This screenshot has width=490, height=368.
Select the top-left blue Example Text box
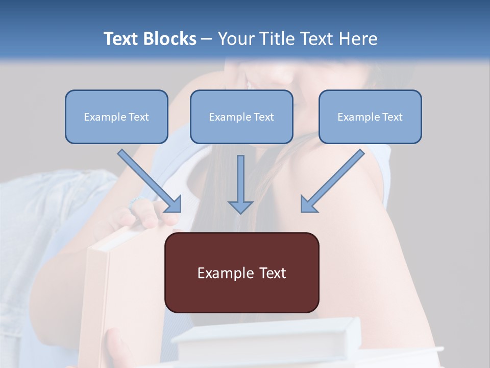click(116, 117)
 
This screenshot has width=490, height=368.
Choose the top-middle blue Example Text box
click(241, 117)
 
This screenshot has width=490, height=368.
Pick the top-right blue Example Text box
click(370, 117)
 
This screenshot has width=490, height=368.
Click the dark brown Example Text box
click(241, 286)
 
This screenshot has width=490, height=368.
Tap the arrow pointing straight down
click(240, 184)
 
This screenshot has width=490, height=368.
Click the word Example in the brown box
click(223, 273)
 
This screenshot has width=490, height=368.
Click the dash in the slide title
click(207, 39)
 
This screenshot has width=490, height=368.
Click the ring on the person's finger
click(135, 201)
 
